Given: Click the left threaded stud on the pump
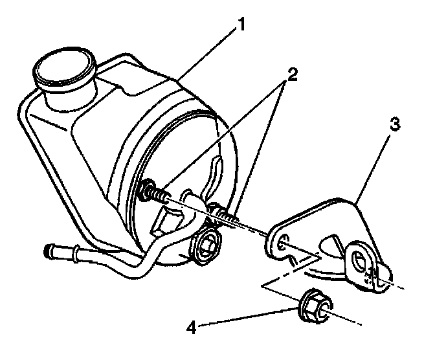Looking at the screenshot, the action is tap(153, 192).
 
